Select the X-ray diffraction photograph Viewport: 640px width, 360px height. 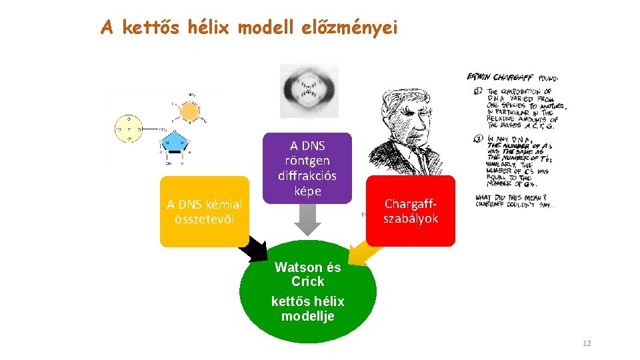tap(308, 89)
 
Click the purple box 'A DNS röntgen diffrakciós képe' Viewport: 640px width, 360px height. tap(307, 169)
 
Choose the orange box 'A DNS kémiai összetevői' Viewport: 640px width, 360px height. tap(205, 211)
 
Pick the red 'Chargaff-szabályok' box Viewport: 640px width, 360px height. tap(411, 211)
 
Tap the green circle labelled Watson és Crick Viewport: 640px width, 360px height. tap(307, 291)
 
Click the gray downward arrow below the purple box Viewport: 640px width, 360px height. tap(307, 219)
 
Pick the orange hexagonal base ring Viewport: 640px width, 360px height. tap(189, 110)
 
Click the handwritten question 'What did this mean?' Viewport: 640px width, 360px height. tap(509, 197)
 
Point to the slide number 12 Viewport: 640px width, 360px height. tap(587, 343)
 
